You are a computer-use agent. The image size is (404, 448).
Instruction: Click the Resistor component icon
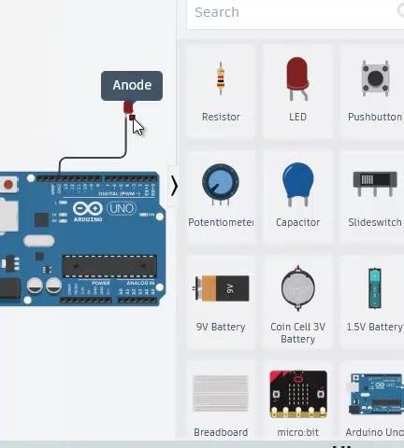[221, 79]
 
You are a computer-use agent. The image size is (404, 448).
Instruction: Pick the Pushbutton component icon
[376, 78]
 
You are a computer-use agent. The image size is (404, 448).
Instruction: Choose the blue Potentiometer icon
[221, 184]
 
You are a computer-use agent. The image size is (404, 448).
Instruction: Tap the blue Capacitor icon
[297, 184]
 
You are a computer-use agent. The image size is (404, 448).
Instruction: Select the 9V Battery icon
[221, 288]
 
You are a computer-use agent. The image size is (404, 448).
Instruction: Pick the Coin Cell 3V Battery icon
[297, 288]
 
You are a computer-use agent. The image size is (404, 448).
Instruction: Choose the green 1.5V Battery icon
[375, 288]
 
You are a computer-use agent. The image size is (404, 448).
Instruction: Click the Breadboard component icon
[221, 394]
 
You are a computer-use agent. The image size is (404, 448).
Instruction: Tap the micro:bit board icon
[297, 394]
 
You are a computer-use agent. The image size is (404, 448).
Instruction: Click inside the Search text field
[290, 12]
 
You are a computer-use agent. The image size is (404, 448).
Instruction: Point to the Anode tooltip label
[132, 85]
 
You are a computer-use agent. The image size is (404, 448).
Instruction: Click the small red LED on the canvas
[128, 108]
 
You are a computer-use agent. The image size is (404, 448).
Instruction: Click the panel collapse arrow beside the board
[173, 186]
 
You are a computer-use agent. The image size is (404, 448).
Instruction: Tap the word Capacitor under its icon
[297, 222]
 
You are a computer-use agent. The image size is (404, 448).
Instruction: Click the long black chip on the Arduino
[108, 266]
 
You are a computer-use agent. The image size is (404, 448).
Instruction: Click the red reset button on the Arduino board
[8, 185]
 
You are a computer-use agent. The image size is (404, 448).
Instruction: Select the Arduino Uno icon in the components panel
[375, 394]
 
